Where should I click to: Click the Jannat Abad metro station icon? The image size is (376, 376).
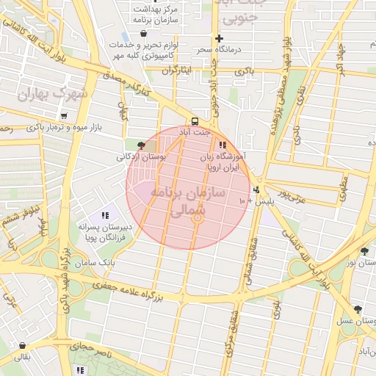[x=195, y=121]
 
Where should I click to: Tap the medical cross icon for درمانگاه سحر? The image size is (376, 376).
[x=219, y=38]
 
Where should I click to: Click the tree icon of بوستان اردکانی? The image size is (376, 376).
[x=141, y=145]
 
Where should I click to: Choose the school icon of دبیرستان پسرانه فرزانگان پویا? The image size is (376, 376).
[x=105, y=215]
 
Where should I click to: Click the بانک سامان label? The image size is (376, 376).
[x=96, y=262]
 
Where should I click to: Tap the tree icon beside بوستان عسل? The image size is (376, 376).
[x=358, y=310]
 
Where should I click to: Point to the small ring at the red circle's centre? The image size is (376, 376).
[x=197, y=217]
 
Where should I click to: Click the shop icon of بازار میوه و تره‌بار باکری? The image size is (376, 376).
[x=64, y=115]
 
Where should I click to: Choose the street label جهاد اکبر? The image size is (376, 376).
[x=340, y=59]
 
